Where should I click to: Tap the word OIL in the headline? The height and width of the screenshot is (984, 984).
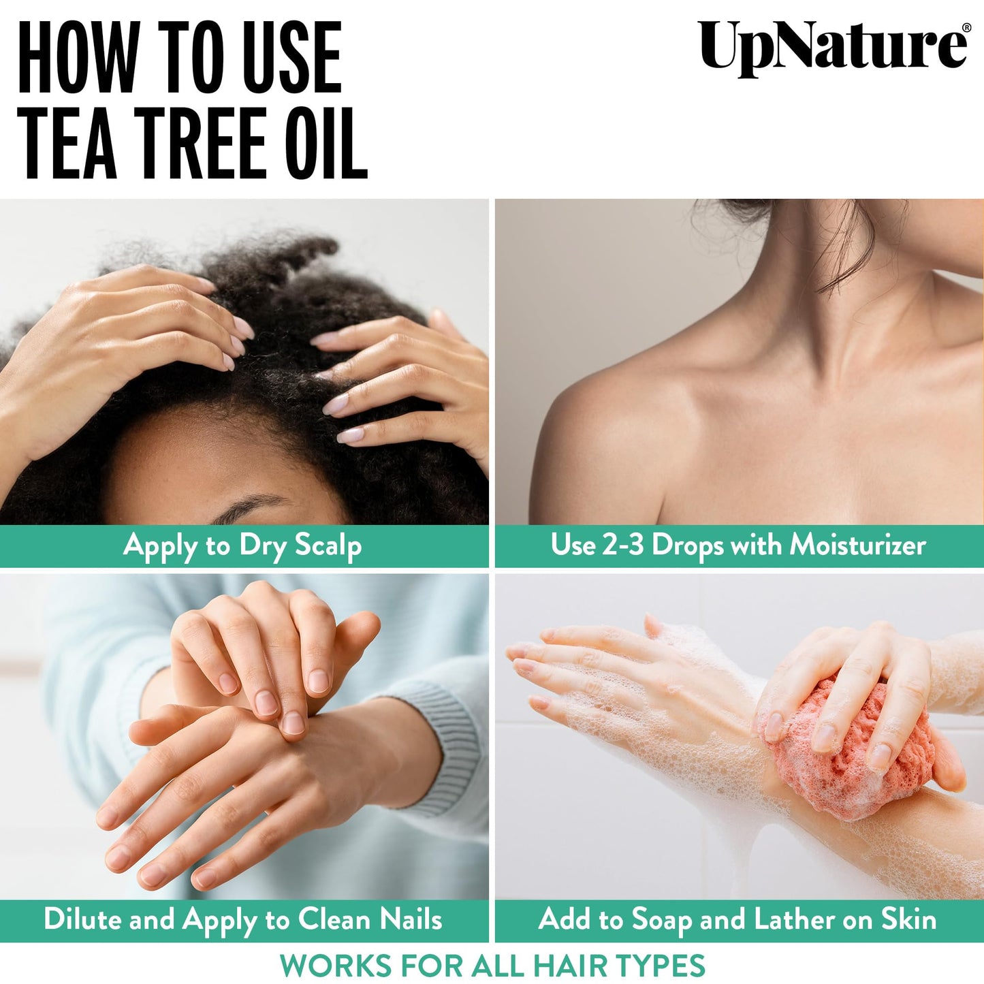[326, 144]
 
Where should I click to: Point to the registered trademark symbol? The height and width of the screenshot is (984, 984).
[965, 28]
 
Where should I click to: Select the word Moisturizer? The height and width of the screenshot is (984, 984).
[857, 545]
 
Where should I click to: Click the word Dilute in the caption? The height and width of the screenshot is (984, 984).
[82, 919]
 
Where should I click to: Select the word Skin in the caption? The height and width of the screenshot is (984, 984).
[908, 919]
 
